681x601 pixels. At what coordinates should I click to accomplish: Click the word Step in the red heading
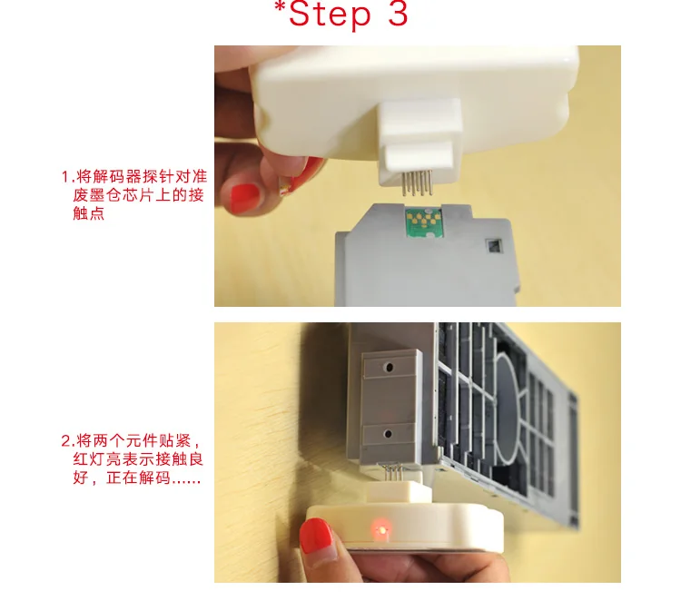(330, 15)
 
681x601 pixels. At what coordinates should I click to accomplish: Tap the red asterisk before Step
(281, 6)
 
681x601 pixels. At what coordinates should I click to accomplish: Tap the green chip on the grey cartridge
(422, 222)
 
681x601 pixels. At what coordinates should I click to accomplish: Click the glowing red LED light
(380, 530)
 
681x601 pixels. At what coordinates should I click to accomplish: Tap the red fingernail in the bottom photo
(316, 537)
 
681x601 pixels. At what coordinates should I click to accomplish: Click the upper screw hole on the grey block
(390, 368)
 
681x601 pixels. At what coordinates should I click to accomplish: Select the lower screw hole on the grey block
(389, 434)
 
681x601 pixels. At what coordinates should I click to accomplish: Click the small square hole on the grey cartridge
(494, 246)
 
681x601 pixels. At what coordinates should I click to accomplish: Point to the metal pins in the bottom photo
(390, 472)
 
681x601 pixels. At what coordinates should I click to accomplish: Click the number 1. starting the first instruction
(68, 177)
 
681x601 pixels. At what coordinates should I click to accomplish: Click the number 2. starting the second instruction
(68, 441)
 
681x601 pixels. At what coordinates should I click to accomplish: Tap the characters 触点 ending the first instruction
(89, 213)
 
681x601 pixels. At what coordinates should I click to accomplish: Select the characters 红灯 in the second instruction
(89, 459)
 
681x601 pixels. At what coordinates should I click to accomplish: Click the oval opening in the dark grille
(508, 407)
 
